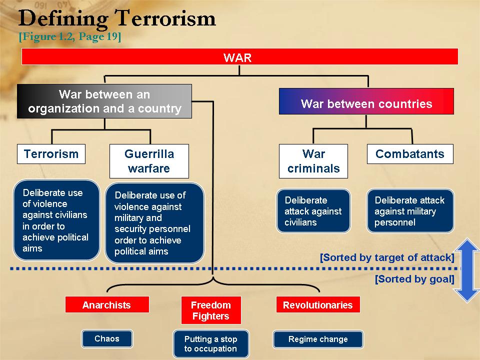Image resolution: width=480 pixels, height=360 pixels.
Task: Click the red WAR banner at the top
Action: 239,56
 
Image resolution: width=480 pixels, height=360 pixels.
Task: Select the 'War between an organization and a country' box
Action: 104,101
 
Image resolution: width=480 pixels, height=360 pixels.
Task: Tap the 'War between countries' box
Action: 366,101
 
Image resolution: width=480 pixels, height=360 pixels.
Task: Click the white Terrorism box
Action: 51,154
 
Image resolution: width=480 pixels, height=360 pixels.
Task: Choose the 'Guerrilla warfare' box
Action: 149,161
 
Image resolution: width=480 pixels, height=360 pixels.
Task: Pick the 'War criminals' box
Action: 313,161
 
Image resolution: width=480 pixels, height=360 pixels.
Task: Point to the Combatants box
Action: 410,154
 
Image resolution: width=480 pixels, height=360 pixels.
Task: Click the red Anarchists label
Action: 107,304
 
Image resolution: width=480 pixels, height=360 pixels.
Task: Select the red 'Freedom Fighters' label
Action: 211,310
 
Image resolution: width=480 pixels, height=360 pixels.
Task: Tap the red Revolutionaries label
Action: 318,304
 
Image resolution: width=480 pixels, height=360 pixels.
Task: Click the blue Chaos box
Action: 107,338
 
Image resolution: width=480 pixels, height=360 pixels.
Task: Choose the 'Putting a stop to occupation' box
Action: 211,344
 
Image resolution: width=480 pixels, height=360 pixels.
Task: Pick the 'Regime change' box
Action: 318,339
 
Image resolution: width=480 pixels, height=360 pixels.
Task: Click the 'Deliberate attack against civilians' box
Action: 313,211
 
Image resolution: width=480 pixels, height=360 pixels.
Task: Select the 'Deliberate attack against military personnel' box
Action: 410,211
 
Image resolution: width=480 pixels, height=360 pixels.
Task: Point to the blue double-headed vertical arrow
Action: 467,270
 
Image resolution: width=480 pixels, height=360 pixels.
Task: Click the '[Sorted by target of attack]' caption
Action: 387,257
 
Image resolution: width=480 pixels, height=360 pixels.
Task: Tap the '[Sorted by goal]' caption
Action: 415,279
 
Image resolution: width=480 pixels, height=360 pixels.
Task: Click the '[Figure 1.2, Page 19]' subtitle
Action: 70,36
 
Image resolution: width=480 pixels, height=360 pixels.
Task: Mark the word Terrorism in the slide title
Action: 165,18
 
